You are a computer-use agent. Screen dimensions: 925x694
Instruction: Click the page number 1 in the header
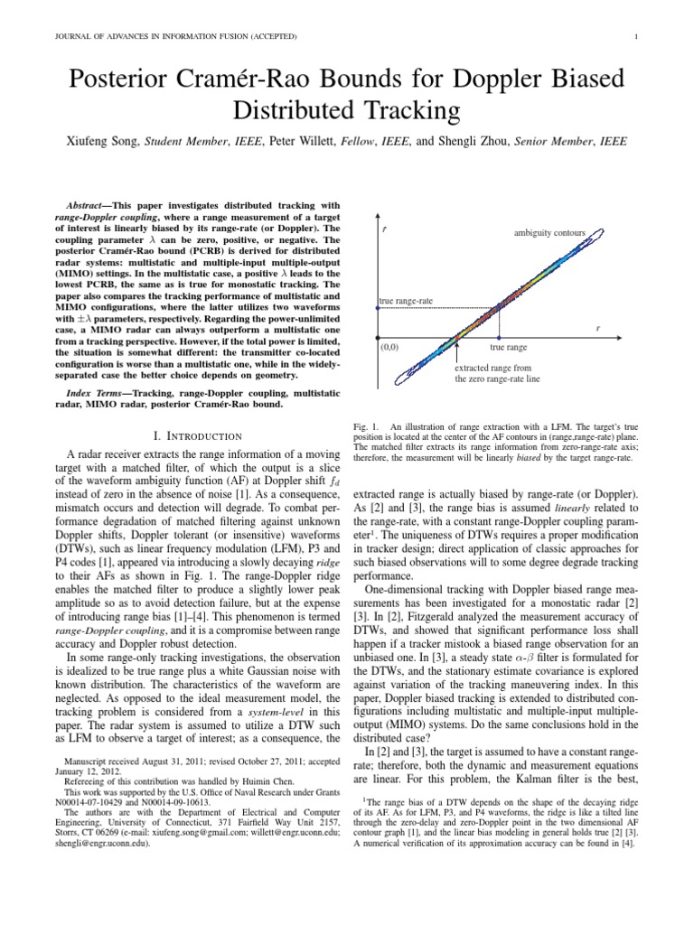(637, 36)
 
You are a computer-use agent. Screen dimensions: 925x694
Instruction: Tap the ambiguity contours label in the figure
(549, 234)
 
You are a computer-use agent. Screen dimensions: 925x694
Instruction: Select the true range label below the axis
(509, 346)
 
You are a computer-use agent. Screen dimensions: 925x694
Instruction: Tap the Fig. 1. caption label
(365, 424)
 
